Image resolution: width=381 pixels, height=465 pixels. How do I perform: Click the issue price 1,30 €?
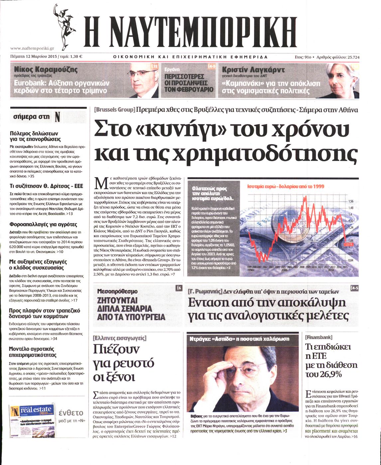pyautogui.click(x=76, y=57)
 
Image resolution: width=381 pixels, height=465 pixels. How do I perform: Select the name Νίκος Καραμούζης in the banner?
pyautogui.click(x=46, y=70)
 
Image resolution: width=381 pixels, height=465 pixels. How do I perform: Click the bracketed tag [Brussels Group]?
pyautogui.click(x=114, y=109)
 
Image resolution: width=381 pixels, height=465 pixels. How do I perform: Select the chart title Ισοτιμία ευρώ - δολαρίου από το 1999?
pyautogui.click(x=286, y=187)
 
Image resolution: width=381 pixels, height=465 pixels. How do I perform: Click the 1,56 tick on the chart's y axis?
pyautogui.click(x=350, y=201)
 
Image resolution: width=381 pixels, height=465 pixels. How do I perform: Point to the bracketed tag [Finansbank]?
pyautogui.click(x=318, y=337)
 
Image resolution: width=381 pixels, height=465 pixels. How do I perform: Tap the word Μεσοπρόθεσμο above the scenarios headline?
pyautogui.click(x=117, y=291)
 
